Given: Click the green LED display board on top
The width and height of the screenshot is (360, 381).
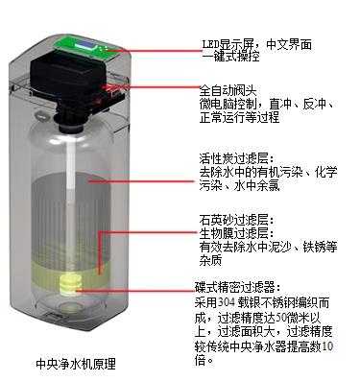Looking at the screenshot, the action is point(88,48).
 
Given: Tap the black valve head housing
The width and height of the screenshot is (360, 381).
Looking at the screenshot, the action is point(69,78).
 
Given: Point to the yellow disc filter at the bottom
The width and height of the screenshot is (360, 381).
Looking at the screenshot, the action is point(70,284).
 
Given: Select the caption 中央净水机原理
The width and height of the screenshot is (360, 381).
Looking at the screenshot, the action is point(76,364).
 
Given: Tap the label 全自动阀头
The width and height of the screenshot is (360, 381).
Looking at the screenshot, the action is point(228,91).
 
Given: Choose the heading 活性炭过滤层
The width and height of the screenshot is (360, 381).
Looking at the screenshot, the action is point(233,158).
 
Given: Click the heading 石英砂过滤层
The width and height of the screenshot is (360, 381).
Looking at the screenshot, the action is point(233,220).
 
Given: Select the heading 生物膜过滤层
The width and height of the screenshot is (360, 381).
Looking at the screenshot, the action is point(233,233).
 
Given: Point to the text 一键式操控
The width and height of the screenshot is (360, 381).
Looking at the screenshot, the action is point(230,57).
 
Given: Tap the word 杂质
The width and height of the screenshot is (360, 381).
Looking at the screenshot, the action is point(210,260).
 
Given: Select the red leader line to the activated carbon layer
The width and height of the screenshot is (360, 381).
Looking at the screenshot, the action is point(141,181).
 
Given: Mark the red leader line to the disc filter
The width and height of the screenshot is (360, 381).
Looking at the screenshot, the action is point(134,291).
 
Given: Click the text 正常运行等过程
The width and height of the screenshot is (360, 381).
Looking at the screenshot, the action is point(239,117).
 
